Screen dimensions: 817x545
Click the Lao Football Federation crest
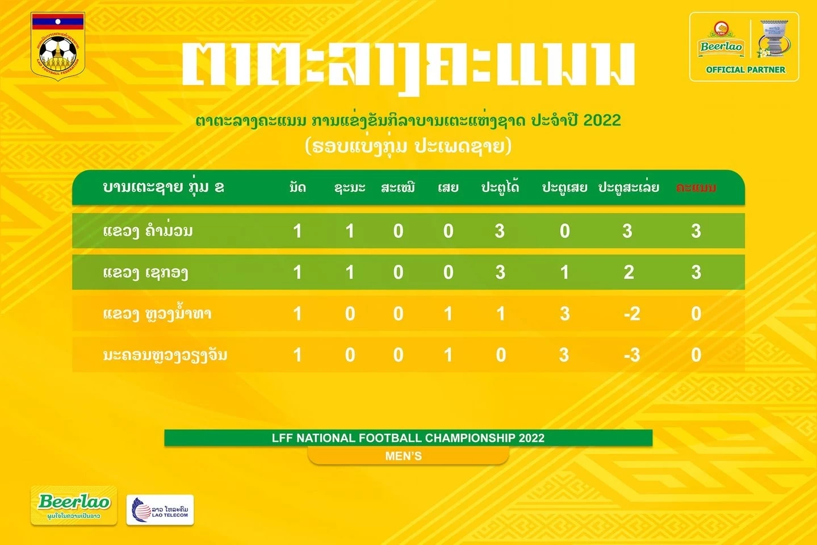[x=58, y=44]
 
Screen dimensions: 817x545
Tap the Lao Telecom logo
[x=160, y=510]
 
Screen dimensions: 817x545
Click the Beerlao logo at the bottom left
[x=74, y=506]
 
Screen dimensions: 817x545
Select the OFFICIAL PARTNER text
[x=745, y=70]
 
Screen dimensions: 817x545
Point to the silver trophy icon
[x=774, y=39]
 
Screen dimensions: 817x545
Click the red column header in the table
[x=696, y=187]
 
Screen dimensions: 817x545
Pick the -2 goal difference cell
[x=632, y=314]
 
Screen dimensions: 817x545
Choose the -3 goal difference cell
[x=632, y=355]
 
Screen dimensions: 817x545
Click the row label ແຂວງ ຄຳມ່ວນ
[x=148, y=231]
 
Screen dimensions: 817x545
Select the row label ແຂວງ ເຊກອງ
[x=145, y=272]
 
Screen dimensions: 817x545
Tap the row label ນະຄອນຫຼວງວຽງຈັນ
[x=165, y=355]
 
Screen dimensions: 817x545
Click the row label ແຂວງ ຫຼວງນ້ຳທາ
[x=157, y=313]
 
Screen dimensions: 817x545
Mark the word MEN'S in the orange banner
[x=404, y=456]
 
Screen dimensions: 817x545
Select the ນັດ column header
[x=298, y=187]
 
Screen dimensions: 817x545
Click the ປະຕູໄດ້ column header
[x=500, y=187]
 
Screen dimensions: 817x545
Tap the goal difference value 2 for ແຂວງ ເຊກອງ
[x=629, y=272]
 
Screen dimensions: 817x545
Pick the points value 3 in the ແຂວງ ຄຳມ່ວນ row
[x=696, y=231]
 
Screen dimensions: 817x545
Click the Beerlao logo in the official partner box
[x=721, y=41]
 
